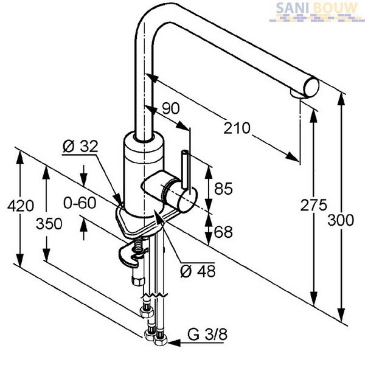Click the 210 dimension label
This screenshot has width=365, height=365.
(x=237, y=128)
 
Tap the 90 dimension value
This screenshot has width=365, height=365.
(x=171, y=108)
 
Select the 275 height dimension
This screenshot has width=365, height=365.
(x=313, y=205)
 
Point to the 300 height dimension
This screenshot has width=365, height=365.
(x=341, y=220)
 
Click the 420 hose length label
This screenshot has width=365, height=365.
(x=21, y=206)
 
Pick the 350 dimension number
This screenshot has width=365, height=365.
(x=49, y=224)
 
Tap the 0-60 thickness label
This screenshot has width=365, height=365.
(x=80, y=203)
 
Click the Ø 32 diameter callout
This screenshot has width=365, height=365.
(x=80, y=147)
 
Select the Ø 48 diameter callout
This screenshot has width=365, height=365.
(x=198, y=271)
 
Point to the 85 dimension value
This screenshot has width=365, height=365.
(x=223, y=189)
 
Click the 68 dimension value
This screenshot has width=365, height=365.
(x=223, y=232)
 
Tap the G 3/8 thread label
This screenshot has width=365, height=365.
(x=207, y=335)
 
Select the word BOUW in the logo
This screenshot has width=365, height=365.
(x=335, y=9)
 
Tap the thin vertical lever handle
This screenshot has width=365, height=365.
(x=185, y=169)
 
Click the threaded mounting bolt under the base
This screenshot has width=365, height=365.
(x=138, y=246)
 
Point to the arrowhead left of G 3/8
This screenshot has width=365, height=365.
(x=174, y=342)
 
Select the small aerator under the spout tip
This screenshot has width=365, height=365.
(x=297, y=94)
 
